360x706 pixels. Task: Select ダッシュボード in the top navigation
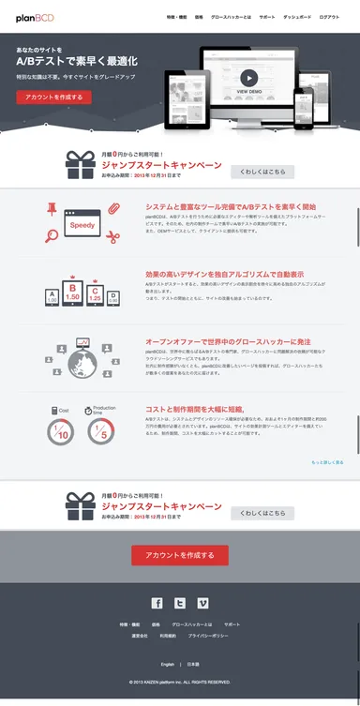coord(298,17)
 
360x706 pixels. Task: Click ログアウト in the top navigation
coord(329,17)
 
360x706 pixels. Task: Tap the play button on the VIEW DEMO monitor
coord(248,78)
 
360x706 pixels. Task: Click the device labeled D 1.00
coord(114,298)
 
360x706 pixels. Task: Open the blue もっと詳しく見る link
coord(327,463)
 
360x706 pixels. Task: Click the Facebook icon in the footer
coord(157,604)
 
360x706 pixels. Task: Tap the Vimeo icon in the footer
coord(202,604)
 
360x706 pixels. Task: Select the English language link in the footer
coord(168,664)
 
